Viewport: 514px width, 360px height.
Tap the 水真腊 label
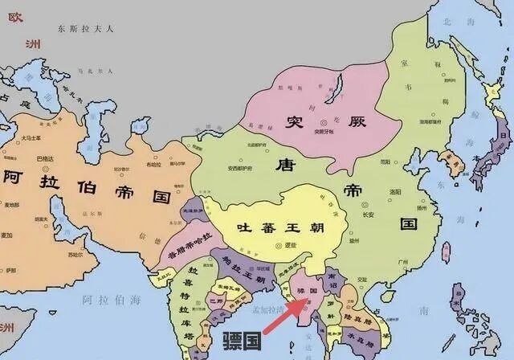tap(367, 337)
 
